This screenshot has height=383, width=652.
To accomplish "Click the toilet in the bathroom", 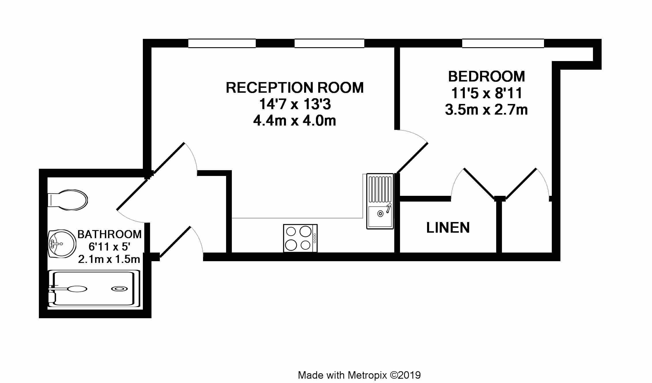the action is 67,200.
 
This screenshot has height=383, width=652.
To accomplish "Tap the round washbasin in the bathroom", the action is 61,244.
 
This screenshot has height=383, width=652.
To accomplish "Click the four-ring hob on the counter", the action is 300,238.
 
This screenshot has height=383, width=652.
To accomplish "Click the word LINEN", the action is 448,227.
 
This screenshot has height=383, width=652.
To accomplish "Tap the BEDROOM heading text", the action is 486,76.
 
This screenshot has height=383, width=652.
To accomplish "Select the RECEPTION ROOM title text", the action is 295,88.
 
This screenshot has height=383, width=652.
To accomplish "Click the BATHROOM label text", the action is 109,234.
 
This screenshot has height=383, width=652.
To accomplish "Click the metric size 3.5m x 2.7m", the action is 486,110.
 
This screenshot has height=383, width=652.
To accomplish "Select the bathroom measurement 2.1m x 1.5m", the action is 109,259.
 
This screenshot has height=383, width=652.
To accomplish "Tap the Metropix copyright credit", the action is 359,375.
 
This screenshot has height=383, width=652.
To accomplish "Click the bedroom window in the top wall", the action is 503,43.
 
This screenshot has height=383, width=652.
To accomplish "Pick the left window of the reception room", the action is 222,43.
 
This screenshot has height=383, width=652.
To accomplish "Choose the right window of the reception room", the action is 329,43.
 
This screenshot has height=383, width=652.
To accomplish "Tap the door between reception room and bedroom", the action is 412,158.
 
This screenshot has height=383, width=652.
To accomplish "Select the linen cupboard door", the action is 479,183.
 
